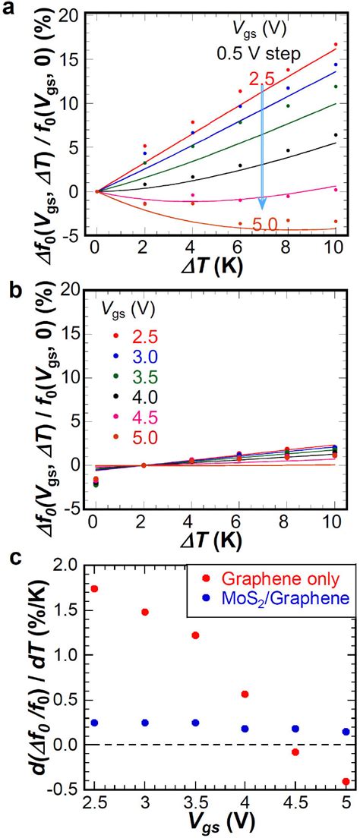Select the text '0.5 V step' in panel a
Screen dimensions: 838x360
coord(257,53)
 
